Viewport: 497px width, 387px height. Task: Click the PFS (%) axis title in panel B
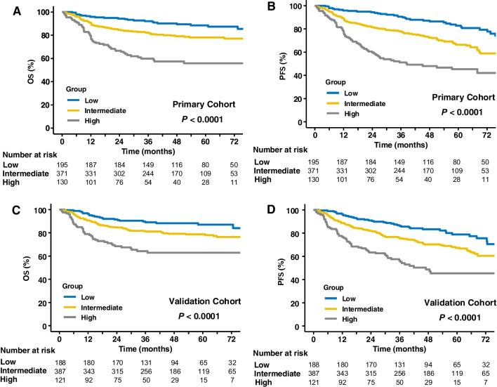coord(265,66)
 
